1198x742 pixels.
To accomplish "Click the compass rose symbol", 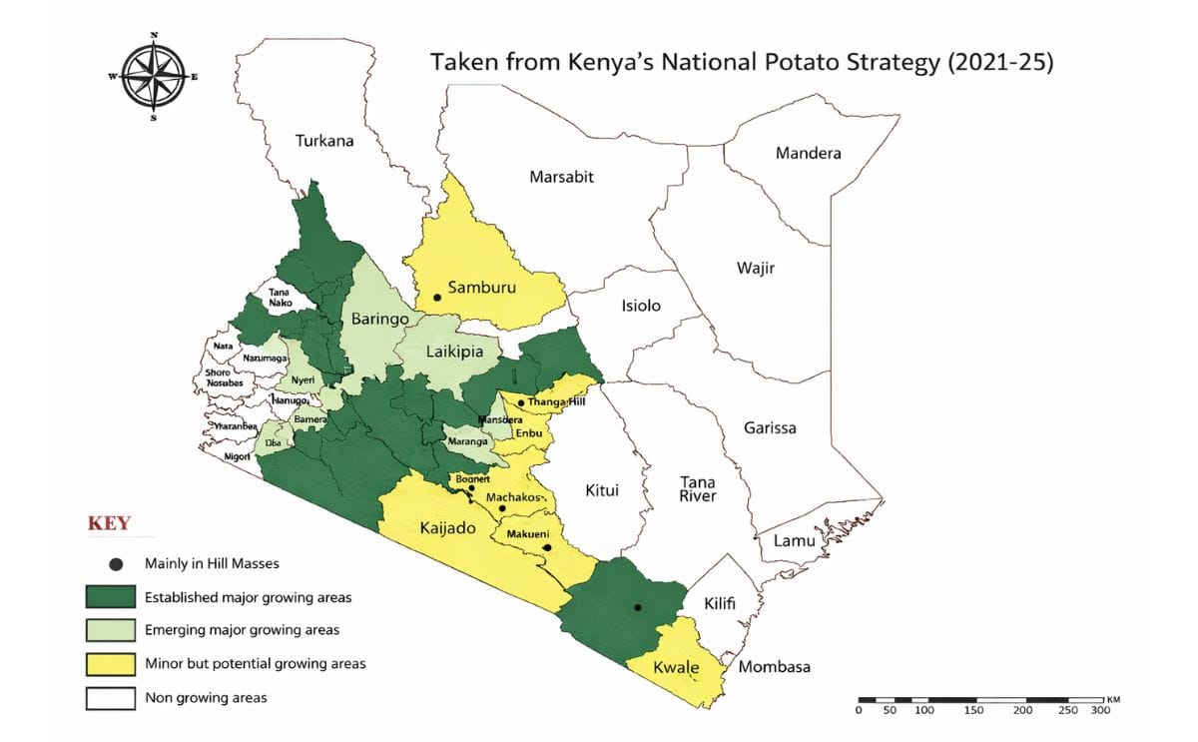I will (153, 77).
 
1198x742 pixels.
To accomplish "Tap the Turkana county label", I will (324, 141).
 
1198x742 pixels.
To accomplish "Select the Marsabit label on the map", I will (561, 177).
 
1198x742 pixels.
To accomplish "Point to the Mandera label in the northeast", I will (808, 153).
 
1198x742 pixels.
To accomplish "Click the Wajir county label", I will (755, 268).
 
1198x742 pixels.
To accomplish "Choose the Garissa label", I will (770, 427).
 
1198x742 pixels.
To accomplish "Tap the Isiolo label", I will (641, 306).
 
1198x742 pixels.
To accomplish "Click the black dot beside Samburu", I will (436, 298).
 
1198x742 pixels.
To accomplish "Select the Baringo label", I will (380, 320).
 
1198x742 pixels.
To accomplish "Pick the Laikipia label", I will (454, 352).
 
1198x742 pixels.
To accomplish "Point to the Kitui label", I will (601, 490).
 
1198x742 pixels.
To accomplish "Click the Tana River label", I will (697, 488).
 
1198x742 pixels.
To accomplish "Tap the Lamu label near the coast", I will (795, 540).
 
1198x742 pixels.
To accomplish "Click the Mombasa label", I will (774, 666).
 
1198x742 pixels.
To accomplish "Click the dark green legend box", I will (110, 598).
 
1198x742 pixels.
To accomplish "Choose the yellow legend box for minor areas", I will (110, 664).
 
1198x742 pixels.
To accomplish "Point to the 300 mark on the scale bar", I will (1099, 710).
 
